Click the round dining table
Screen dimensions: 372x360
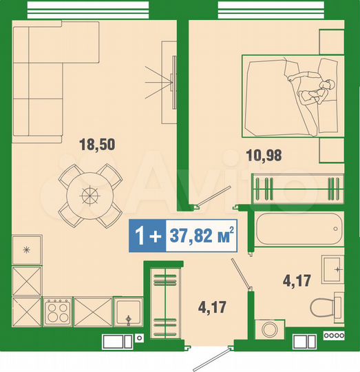88,195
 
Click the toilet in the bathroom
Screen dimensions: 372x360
326,307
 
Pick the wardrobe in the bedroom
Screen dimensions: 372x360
297,188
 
